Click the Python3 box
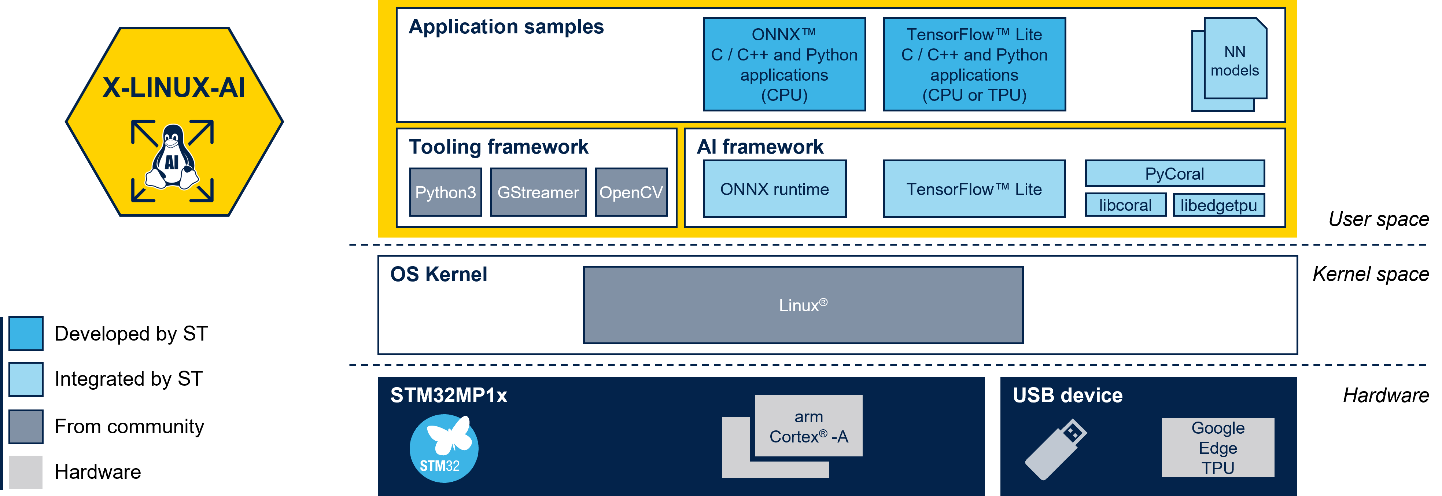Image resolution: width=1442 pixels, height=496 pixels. [x=446, y=192]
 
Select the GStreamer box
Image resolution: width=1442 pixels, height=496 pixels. [x=538, y=192]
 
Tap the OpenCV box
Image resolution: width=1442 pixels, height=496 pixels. [x=631, y=192]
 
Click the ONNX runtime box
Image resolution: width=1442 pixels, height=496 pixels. [x=775, y=189]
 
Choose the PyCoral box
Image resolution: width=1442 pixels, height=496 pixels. [x=1174, y=173]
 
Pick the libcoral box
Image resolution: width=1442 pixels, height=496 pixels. [x=1125, y=205]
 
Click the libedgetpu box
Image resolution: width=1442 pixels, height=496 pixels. [x=1219, y=205]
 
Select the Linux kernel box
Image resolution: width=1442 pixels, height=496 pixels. [x=803, y=305]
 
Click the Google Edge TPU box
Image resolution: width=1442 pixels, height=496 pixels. [x=1218, y=447]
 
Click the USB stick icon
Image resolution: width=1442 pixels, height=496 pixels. [x=1056, y=449]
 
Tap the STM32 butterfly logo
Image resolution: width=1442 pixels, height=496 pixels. [x=444, y=448]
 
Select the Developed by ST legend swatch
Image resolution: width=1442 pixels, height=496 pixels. [x=26, y=334]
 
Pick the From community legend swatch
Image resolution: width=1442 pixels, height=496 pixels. [x=26, y=427]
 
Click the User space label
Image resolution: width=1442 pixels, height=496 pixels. [x=1379, y=219]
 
